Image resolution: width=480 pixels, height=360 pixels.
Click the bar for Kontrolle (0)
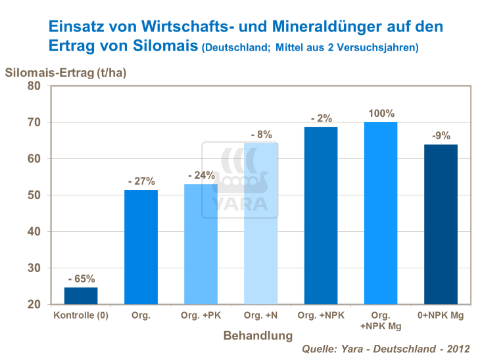pyautogui.click(x=81, y=296)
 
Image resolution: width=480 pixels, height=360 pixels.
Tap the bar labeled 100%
pyautogui.click(x=380, y=214)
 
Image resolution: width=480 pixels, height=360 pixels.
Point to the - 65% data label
pyautogui.click(x=81, y=279)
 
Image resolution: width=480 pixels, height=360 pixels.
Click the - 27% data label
pyautogui.click(x=141, y=181)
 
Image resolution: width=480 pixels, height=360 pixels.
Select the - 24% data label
pyautogui.click(x=201, y=175)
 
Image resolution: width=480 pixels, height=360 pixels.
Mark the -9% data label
pyautogui.click(x=440, y=136)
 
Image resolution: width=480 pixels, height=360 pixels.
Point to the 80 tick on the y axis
pyautogui.click(x=34, y=86)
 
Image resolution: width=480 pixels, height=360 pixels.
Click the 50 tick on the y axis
pyautogui.click(x=34, y=196)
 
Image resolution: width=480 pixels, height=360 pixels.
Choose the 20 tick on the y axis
pyautogui.click(x=34, y=305)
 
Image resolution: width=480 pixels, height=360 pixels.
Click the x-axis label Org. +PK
pyautogui.click(x=201, y=315)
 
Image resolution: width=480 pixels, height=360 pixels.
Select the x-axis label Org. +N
pyautogui.click(x=260, y=315)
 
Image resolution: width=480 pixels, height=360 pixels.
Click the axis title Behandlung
pyautogui.click(x=258, y=336)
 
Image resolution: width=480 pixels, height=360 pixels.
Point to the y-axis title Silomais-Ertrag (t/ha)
pyautogui.click(x=66, y=72)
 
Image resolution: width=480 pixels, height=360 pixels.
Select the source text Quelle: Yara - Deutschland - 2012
pyautogui.click(x=386, y=348)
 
